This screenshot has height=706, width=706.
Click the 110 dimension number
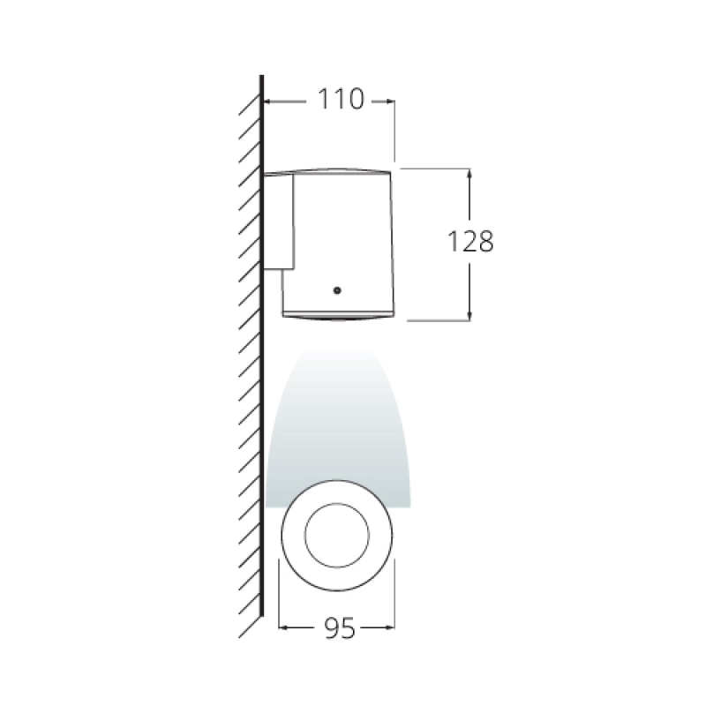tap(341, 100)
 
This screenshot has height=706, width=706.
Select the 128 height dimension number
tap(469, 241)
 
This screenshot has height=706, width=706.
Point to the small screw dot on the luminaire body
tap(336, 289)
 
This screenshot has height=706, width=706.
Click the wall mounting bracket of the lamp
tap(279, 221)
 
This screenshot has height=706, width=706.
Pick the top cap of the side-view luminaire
tap(328, 170)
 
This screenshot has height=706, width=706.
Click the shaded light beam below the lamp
tap(338, 415)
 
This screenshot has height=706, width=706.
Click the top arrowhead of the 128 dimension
tap(469, 173)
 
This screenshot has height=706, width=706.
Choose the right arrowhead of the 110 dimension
tap(389, 101)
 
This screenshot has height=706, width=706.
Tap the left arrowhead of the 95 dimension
tap(284, 628)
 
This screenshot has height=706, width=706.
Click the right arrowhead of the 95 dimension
tap(389, 628)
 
